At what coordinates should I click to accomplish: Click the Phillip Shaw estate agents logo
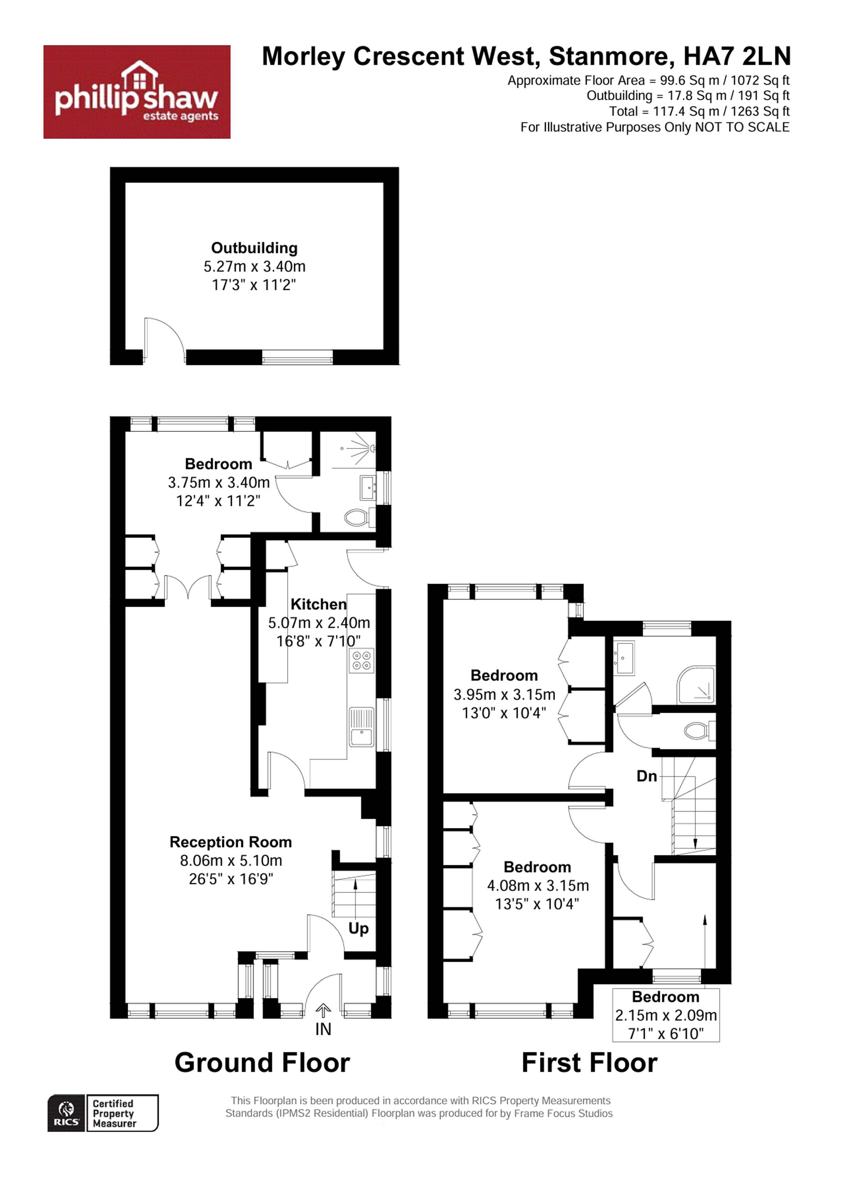coord(137,92)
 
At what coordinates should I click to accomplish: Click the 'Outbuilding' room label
coord(254,248)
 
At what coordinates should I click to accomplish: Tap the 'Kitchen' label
coord(318,604)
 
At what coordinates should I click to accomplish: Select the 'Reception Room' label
coord(230,842)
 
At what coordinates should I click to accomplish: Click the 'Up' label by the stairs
coord(358,928)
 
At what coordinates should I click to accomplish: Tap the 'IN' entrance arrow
coord(323,1011)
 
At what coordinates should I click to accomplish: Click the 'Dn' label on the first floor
coord(647,776)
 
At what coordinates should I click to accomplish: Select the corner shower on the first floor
coord(696,685)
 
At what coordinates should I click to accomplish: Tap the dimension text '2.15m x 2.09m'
coord(666,1015)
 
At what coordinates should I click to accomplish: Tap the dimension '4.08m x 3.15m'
coord(538,886)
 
